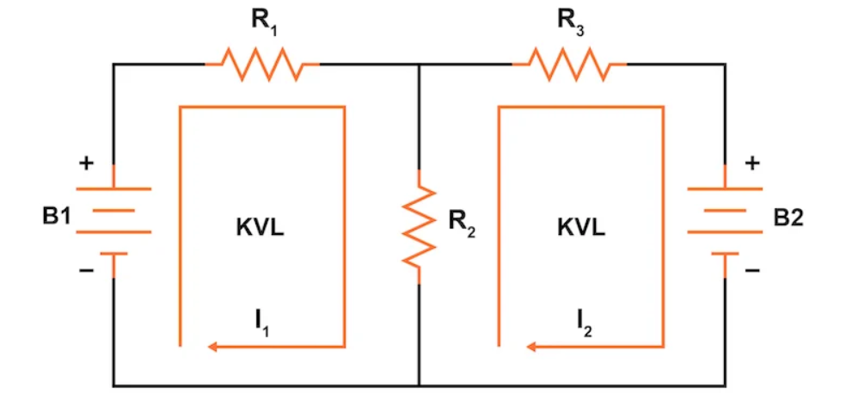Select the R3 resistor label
click(571, 23)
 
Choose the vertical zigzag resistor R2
click(419, 225)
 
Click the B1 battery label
click(57, 217)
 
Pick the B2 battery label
click(788, 217)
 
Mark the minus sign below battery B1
click(86, 271)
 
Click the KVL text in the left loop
click(259, 228)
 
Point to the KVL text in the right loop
click(580, 228)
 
